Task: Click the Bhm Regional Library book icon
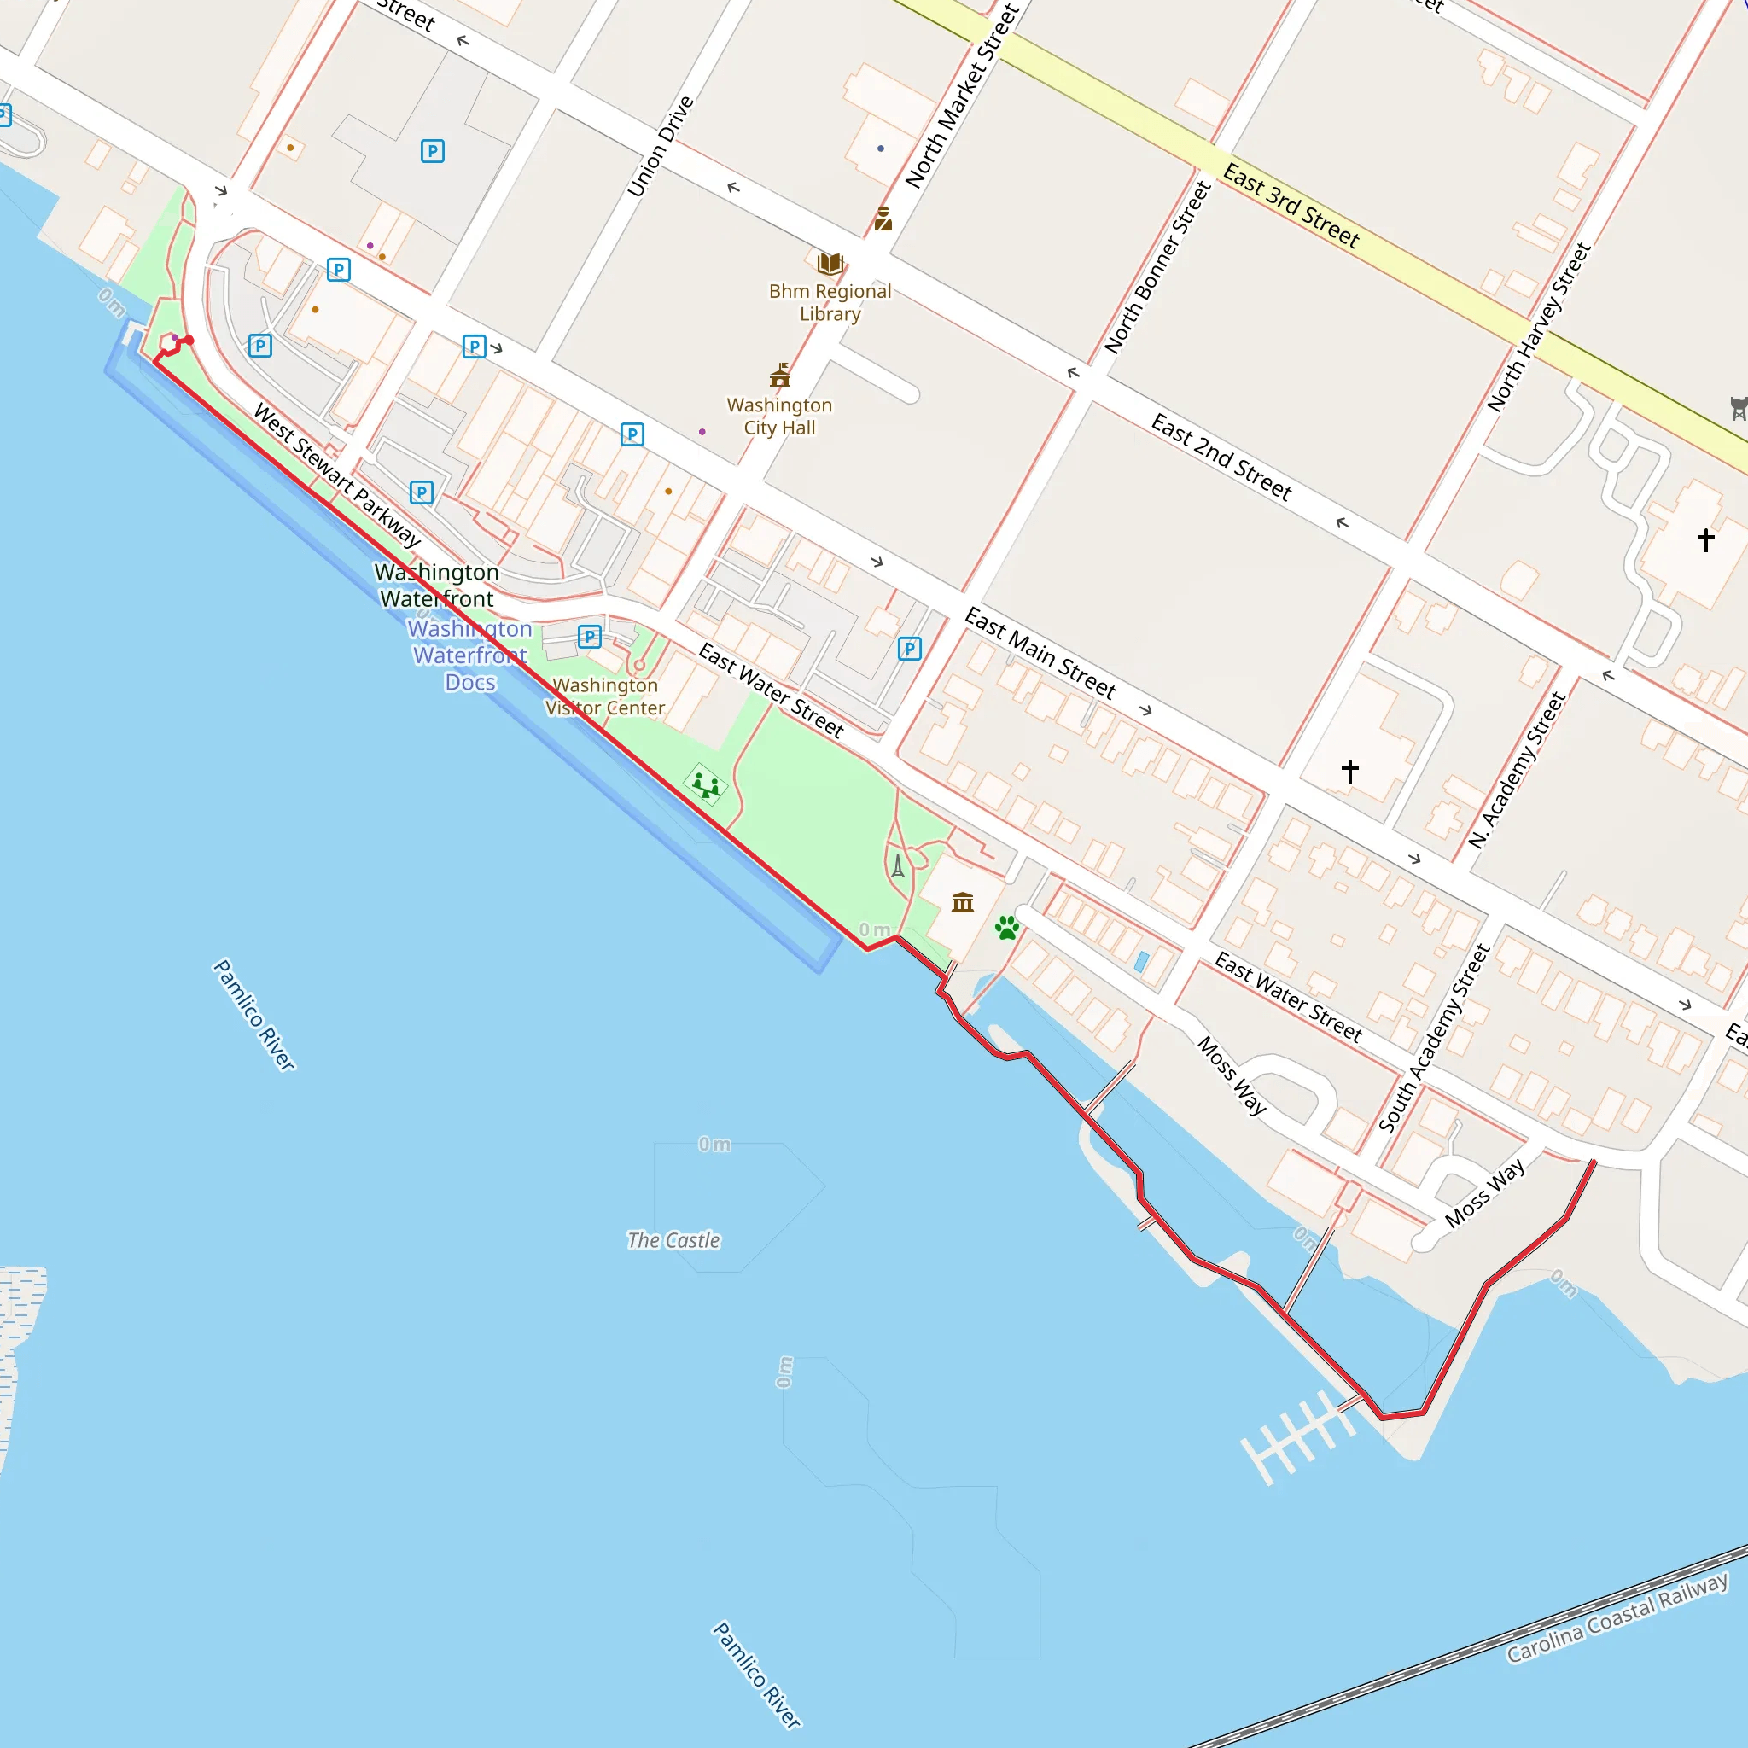[x=830, y=265]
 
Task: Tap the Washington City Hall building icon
[x=780, y=375]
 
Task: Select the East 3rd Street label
[x=1291, y=206]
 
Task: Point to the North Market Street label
[x=963, y=96]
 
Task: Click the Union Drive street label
[x=661, y=146]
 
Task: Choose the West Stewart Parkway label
[x=337, y=476]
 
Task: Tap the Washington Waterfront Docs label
[x=469, y=655]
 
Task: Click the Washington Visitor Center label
[x=605, y=696]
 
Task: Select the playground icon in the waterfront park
[x=706, y=784]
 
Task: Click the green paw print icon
[x=1007, y=928]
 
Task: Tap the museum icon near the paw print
[x=963, y=902]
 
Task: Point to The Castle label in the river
[x=674, y=1240]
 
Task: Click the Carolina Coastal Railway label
[x=1617, y=1617]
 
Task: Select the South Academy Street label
[x=1434, y=1038]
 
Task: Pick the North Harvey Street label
[x=1539, y=327]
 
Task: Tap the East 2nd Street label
[x=1221, y=457]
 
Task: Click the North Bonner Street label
[x=1157, y=267]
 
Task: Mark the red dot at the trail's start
[x=189, y=341]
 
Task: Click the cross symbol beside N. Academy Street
[x=1350, y=771]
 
